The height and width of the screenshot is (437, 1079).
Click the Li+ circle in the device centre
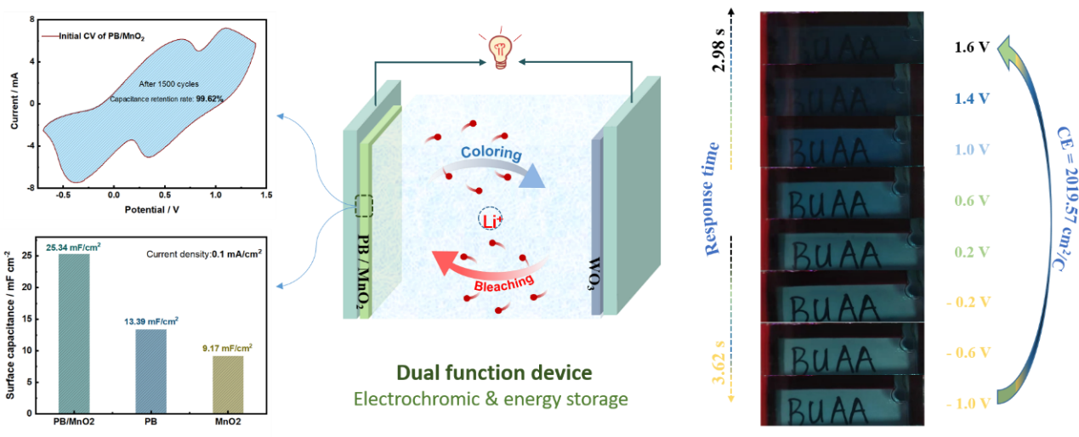(x=488, y=218)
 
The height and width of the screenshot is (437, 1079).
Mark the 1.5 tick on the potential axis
(x=266, y=195)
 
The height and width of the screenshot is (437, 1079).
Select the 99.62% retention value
(x=208, y=99)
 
